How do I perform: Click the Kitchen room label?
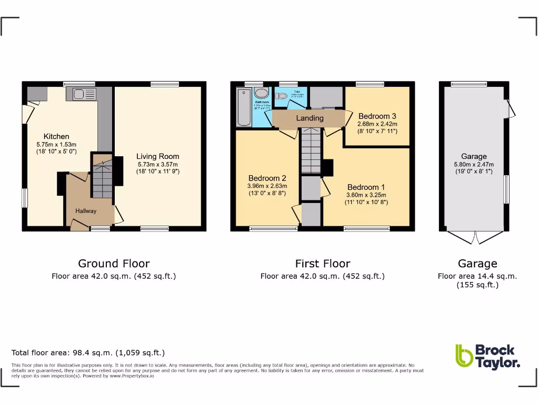pos(56,137)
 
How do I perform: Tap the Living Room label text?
pos(157,156)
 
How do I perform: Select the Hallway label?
pos(86,211)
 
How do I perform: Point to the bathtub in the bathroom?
pos(244,108)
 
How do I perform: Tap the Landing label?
pos(310,118)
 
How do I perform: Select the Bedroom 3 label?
pos(377,116)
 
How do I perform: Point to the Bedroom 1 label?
pos(366,187)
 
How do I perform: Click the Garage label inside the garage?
pos(474,156)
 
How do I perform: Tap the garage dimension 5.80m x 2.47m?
pos(474,164)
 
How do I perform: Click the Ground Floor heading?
pos(114,264)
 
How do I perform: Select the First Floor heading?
pos(323,264)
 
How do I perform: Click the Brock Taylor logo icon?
pos(464,356)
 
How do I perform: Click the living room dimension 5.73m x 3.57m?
pos(157,164)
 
